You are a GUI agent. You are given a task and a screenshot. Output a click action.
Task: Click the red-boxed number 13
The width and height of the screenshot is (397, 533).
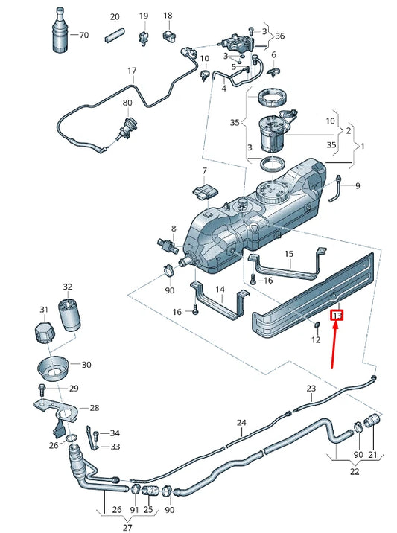(x=337, y=316)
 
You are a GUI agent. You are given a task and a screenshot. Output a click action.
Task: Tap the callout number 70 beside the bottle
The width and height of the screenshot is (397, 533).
(x=83, y=35)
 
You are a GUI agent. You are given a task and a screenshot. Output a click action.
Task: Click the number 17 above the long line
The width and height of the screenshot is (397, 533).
(x=132, y=71)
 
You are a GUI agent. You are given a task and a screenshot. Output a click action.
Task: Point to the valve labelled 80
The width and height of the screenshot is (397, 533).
(x=127, y=128)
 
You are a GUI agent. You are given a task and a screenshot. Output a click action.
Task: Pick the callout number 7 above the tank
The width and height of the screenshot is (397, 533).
(x=204, y=170)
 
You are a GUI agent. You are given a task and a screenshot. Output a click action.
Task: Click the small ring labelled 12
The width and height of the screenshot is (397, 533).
(x=316, y=325)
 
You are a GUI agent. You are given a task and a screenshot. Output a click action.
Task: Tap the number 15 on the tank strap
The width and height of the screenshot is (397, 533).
(x=289, y=254)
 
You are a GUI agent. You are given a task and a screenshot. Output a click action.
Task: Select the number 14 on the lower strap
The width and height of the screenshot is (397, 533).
(x=220, y=290)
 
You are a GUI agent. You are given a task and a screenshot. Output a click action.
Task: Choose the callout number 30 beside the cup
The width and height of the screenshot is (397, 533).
(x=86, y=365)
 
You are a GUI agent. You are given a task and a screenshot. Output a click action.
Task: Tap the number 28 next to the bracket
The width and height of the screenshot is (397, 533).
(x=95, y=408)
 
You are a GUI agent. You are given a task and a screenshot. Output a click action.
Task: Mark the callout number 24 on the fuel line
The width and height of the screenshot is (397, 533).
(x=241, y=423)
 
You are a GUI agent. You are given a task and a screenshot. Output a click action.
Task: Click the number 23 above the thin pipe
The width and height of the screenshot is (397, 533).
(x=311, y=388)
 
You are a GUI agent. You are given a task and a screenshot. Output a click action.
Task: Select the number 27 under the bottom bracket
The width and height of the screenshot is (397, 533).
(x=127, y=528)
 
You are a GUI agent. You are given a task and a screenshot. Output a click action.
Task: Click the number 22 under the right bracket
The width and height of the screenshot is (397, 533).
(x=355, y=471)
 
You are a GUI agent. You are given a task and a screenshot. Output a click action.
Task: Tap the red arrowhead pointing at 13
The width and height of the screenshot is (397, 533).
(x=336, y=325)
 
